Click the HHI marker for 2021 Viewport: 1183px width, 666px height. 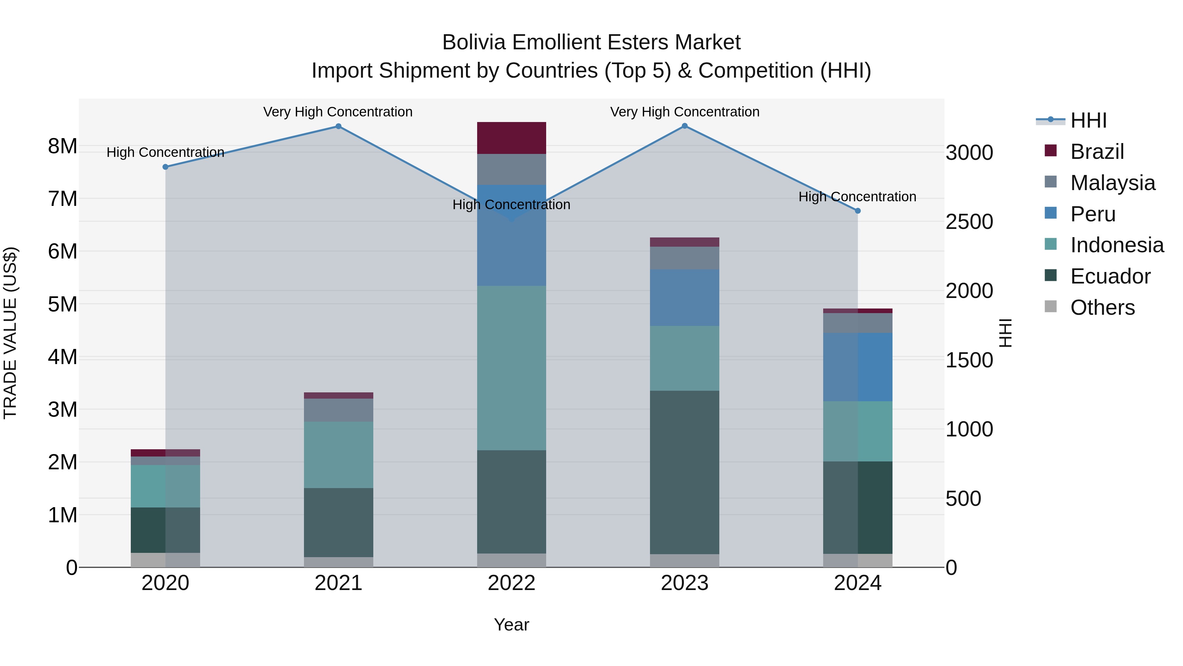338,126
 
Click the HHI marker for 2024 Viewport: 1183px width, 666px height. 857,211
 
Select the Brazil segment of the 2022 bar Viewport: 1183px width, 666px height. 512,138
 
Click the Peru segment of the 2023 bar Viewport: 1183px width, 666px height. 684,298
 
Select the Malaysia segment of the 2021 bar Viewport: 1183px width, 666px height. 338,410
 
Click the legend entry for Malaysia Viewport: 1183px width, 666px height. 1112,183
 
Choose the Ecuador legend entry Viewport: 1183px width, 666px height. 1110,276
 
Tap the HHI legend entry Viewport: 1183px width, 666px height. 1088,120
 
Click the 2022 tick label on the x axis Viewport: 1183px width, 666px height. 512,583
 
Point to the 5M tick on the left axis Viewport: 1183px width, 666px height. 63,304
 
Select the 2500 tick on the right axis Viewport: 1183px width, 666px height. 969,222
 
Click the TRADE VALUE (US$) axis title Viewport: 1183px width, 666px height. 11,333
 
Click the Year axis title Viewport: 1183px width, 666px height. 512,625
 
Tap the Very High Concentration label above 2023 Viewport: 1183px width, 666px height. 684,112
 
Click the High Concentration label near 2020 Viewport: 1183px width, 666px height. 165,152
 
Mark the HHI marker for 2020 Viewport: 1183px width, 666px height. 165,167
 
